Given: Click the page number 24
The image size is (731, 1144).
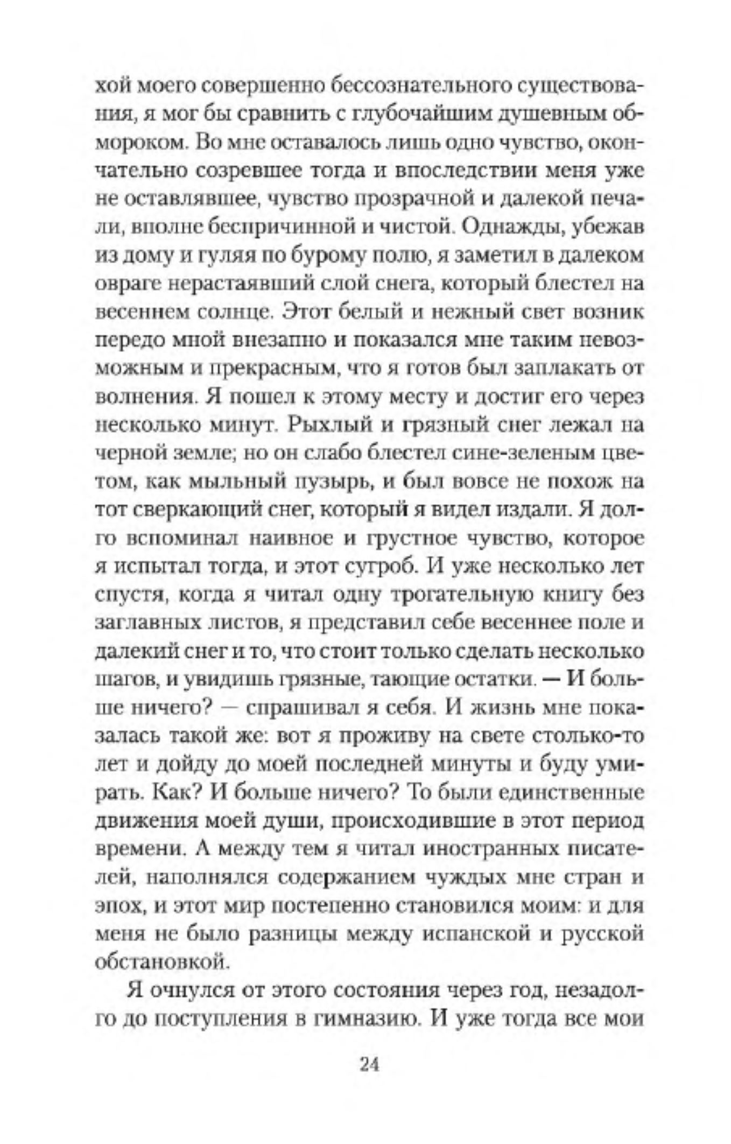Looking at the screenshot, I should coord(369,1064).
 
